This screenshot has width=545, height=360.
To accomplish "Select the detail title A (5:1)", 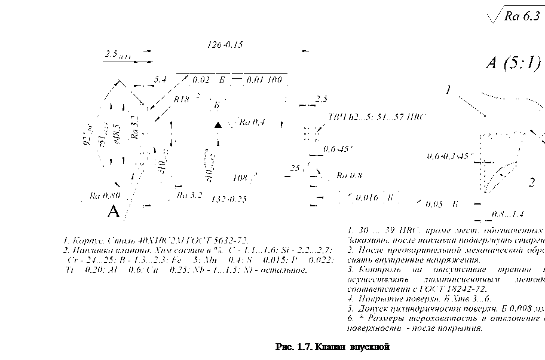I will click(x=513, y=63).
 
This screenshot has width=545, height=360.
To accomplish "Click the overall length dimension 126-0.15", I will click(x=224, y=45).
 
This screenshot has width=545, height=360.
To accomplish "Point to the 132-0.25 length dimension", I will click(x=229, y=199).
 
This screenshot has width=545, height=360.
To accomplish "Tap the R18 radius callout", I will click(x=182, y=99).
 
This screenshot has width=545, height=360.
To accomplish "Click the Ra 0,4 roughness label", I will click(x=252, y=123).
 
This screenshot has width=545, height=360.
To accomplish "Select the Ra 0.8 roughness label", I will click(x=349, y=176).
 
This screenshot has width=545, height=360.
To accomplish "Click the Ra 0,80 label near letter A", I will click(x=105, y=195).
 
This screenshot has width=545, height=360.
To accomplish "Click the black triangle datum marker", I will click(x=218, y=124).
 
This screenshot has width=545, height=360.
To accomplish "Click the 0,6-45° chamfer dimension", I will click(x=339, y=149).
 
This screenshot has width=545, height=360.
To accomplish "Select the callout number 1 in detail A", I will click(x=448, y=90).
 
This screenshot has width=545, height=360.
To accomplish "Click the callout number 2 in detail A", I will click(x=531, y=183).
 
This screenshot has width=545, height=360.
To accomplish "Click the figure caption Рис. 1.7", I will click(x=332, y=346).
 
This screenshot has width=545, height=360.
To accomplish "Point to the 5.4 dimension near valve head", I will click(x=160, y=79).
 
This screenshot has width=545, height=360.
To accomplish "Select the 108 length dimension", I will click(x=240, y=178).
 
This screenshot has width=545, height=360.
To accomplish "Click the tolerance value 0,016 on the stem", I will click(x=366, y=197).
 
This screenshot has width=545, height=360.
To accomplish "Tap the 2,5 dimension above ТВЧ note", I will click(x=322, y=98).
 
